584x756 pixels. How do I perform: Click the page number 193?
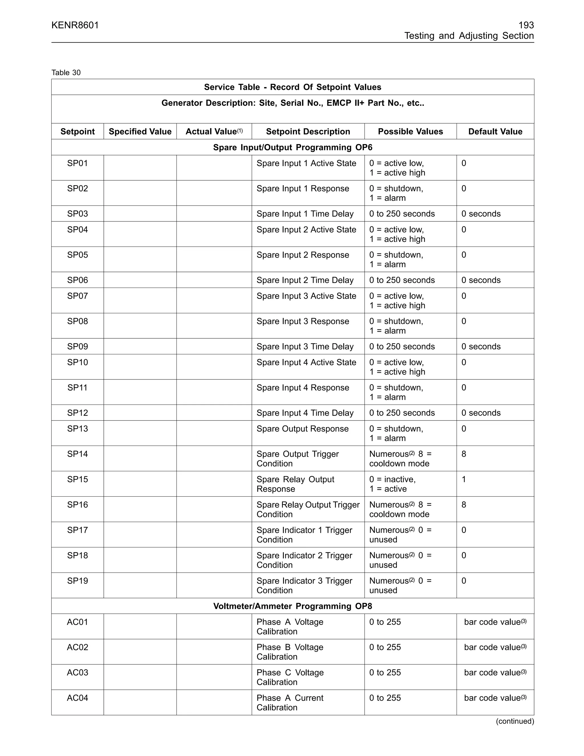coord(526,25)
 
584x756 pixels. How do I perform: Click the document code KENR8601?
coord(75,25)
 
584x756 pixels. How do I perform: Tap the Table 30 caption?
coord(66,73)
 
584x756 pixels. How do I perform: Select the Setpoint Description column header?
coord(308,132)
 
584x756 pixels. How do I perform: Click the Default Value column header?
coord(495,132)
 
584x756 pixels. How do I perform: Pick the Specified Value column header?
coord(140,132)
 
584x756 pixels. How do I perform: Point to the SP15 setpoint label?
coord(78,480)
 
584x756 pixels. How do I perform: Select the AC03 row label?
coord(78,673)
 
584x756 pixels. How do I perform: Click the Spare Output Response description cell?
coord(302,429)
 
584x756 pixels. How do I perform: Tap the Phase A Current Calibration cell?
coord(290,703)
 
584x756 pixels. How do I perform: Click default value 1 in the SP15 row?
coord(464,480)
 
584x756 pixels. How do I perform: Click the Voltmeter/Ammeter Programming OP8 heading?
coord(292,606)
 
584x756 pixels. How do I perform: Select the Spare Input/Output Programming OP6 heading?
coord(292,147)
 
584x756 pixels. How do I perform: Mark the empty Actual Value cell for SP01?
coord(214,168)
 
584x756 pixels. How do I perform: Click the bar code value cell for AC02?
coord(495,647)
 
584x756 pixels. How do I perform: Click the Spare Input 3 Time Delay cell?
coord(305,347)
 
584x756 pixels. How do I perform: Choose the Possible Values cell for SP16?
coord(400,510)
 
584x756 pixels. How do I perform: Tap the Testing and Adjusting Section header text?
coord(469,36)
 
